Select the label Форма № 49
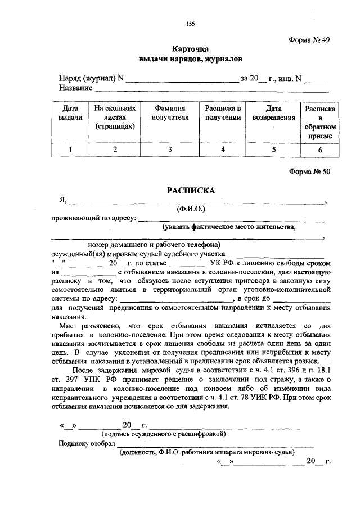tap(309, 40)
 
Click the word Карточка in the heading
tap(191, 49)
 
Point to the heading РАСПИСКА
tap(191, 191)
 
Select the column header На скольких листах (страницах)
tap(114, 117)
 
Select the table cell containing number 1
tap(70, 150)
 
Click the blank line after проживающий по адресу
tap(231, 220)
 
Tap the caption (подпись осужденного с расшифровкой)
tap(164, 434)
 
